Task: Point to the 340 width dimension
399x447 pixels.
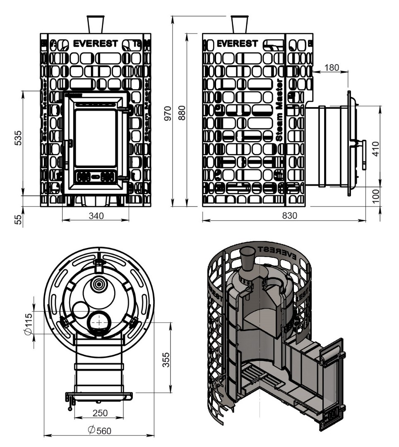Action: pos(96,215)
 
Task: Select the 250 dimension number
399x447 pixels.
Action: pos(100,413)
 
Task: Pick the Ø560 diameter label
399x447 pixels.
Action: pos(99,431)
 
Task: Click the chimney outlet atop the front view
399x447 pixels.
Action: pos(96,24)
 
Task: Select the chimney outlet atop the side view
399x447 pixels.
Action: pos(239,24)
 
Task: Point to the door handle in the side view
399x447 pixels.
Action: pos(363,154)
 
